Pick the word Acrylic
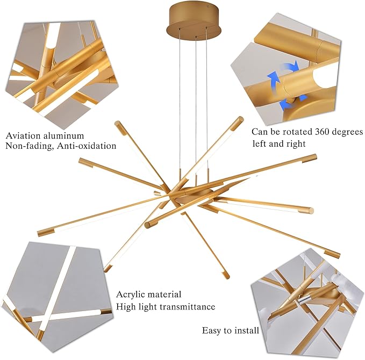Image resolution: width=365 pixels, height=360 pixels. point(132,295)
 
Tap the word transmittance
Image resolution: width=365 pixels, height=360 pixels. point(185,307)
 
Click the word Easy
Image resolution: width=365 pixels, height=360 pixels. point(212,330)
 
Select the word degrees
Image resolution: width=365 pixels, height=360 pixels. point(346,132)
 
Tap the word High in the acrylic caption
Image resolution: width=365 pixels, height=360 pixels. point(126,307)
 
